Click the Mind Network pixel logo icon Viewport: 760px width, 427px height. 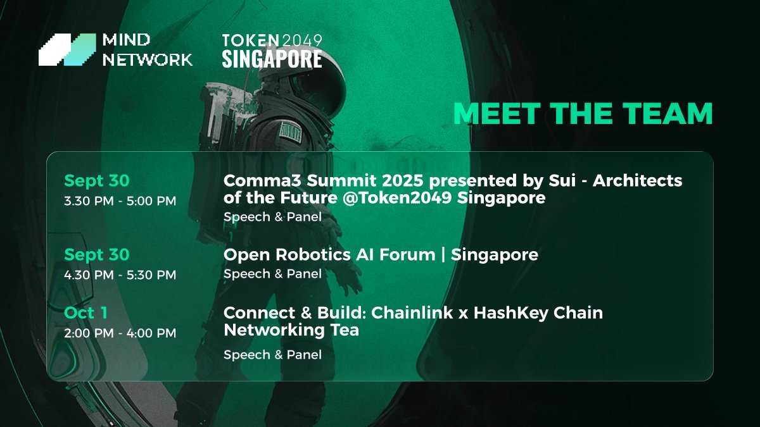[x=67, y=49]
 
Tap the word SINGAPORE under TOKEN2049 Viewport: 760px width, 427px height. [x=272, y=59]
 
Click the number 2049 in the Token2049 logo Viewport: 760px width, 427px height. [x=301, y=40]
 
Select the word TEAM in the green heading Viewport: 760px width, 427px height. [x=668, y=113]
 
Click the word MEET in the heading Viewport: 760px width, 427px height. [x=497, y=113]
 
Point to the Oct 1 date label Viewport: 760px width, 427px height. [x=85, y=313]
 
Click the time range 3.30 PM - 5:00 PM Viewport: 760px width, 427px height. [x=120, y=201]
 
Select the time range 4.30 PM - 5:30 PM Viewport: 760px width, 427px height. [x=120, y=275]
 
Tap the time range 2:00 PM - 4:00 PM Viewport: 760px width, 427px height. [x=120, y=333]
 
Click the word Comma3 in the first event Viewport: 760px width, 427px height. [x=262, y=181]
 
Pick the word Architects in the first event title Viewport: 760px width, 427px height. [x=638, y=181]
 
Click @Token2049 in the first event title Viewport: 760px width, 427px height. [x=397, y=197]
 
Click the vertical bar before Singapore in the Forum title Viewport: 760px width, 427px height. [x=443, y=255]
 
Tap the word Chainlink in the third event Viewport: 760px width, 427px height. [x=412, y=313]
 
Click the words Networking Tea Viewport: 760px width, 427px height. [x=291, y=330]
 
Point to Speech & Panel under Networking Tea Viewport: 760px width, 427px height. [x=272, y=355]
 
